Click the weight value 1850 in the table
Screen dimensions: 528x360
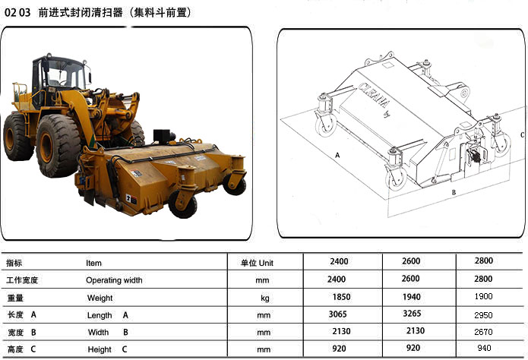click(x=341, y=297)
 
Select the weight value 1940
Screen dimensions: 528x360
click(x=412, y=297)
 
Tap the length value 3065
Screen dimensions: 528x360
click(x=338, y=314)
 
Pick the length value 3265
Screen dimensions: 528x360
click(x=412, y=314)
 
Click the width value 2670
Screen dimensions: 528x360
click(x=483, y=332)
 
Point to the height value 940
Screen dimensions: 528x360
click(x=484, y=348)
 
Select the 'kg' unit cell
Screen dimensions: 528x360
click(x=265, y=298)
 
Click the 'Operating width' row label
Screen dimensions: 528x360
click(x=114, y=280)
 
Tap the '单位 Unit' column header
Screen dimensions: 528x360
click(x=257, y=263)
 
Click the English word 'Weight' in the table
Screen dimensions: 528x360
click(x=100, y=298)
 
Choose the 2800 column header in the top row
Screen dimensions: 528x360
click(x=484, y=261)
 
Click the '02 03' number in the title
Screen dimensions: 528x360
click(x=17, y=13)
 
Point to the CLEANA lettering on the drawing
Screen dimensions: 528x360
click(x=374, y=95)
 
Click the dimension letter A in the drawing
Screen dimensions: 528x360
click(x=337, y=155)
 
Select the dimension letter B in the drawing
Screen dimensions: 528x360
click(x=454, y=192)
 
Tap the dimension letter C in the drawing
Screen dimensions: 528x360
click(x=522, y=134)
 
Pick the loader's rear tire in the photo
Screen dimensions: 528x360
click(x=17, y=137)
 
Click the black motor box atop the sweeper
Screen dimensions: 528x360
click(x=163, y=136)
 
